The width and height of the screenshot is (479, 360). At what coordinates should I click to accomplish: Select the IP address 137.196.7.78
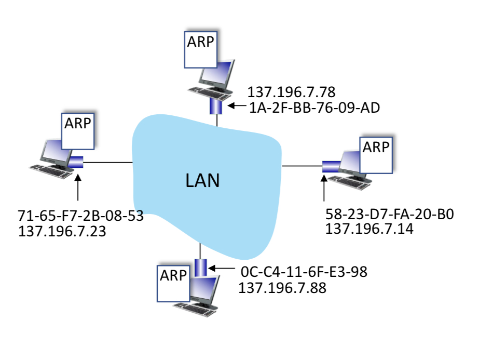pyautogui.click(x=291, y=93)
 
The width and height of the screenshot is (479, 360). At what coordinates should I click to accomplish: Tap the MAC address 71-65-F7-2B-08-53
pyautogui.click(x=80, y=216)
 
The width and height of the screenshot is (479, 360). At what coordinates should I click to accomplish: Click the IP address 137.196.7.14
pyautogui.click(x=369, y=228)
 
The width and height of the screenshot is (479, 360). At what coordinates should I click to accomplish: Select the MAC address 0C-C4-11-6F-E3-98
pyautogui.click(x=304, y=272)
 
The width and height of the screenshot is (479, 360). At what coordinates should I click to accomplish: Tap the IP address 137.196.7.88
pyautogui.click(x=282, y=287)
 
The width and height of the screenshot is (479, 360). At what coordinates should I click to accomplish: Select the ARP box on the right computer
pyautogui.click(x=375, y=154)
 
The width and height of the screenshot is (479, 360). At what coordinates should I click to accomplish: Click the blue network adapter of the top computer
pyautogui.click(x=216, y=106)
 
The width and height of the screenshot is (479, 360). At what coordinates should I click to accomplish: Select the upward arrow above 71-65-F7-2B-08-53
pyautogui.click(x=78, y=188)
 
